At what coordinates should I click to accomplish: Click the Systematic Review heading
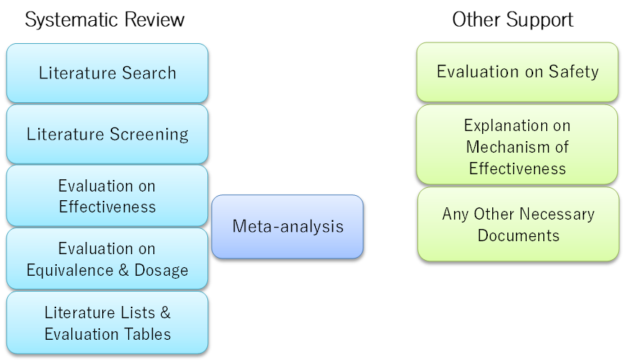click(x=104, y=19)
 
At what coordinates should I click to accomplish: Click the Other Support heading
click(x=512, y=19)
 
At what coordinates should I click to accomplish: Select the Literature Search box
click(x=107, y=73)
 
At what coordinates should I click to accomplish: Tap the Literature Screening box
click(x=107, y=134)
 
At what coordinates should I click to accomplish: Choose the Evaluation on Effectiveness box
click(x=107, y=196)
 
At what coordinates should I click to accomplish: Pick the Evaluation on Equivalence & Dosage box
click(x=107, y=258)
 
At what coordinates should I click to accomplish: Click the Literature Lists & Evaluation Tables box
click(x=107, y=323)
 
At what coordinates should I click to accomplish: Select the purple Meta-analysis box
click(x=287, y=227)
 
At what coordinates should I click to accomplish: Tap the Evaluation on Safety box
click(x=517, y=72)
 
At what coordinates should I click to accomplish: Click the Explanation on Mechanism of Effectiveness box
click(x=517, y=145)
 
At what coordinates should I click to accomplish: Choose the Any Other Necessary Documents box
click(x=518, y=224)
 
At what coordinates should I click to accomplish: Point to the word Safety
click(x=573, y=72)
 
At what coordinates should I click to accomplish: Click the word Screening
click(x=149, y=135)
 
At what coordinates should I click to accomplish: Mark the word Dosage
click(x=161, y=271)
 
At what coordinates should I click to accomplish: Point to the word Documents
click(x=519, y=235)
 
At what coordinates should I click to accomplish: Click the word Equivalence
click(x=70, y=271)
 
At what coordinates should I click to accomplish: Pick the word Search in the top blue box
click(x=149, y=73)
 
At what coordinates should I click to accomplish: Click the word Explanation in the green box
click(x=504, y=126)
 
